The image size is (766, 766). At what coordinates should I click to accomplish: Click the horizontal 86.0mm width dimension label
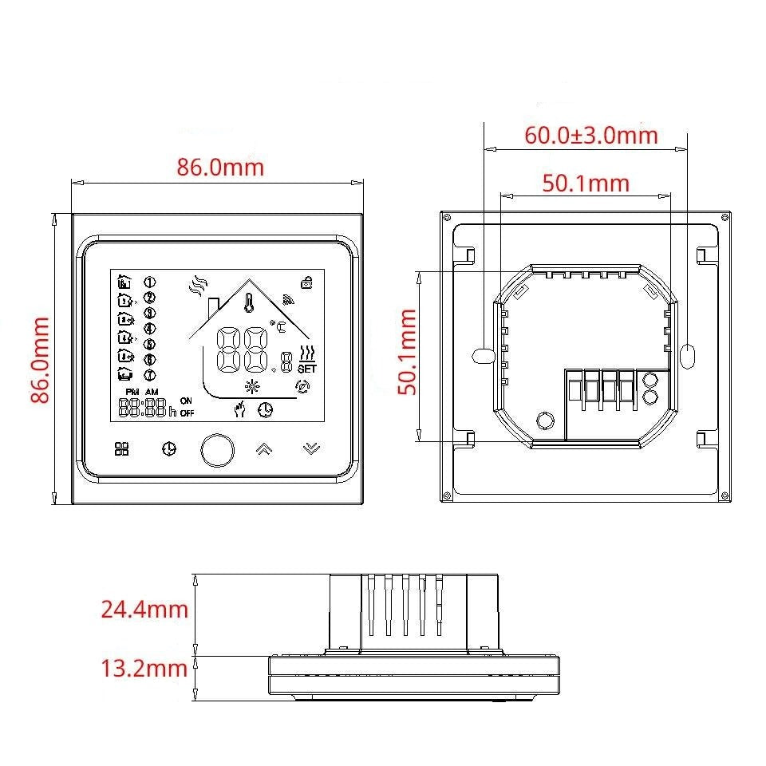click(220, 167)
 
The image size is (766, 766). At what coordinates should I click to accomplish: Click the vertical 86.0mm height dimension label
click(40, 360)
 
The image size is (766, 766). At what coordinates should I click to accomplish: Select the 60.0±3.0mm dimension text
click(591, 136)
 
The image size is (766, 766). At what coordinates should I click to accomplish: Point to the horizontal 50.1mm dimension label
click(586, 184)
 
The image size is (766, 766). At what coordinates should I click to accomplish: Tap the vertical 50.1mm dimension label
click(407, 352)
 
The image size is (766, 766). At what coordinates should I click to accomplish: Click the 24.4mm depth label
click(144, 609)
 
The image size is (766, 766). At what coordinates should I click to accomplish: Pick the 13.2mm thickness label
click(144, 669)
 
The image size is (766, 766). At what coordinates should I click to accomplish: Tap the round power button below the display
click(217, 450)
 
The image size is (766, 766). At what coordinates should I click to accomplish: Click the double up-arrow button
click(264, 448)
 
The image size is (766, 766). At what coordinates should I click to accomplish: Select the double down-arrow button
click(311, 448)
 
